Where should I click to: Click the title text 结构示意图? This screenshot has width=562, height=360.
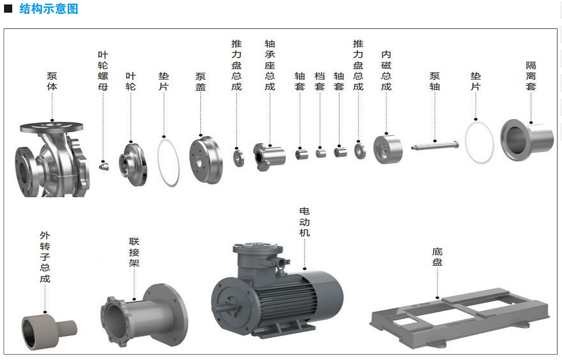coord(49,9)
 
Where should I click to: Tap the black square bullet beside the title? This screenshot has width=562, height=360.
coord(8,9)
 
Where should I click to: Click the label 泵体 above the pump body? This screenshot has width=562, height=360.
coord(52,81)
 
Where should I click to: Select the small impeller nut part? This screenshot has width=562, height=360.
coord(104,166)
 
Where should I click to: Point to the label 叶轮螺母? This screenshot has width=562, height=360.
coord(103,71)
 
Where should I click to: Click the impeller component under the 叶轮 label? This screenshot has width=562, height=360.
coord(133,165)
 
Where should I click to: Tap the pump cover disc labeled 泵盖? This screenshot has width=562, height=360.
coord(206,160)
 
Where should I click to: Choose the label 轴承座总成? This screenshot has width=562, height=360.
coord(270,65)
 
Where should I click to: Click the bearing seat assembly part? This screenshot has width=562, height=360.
coord(269,157)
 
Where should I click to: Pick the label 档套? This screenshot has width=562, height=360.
coord(320,81)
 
